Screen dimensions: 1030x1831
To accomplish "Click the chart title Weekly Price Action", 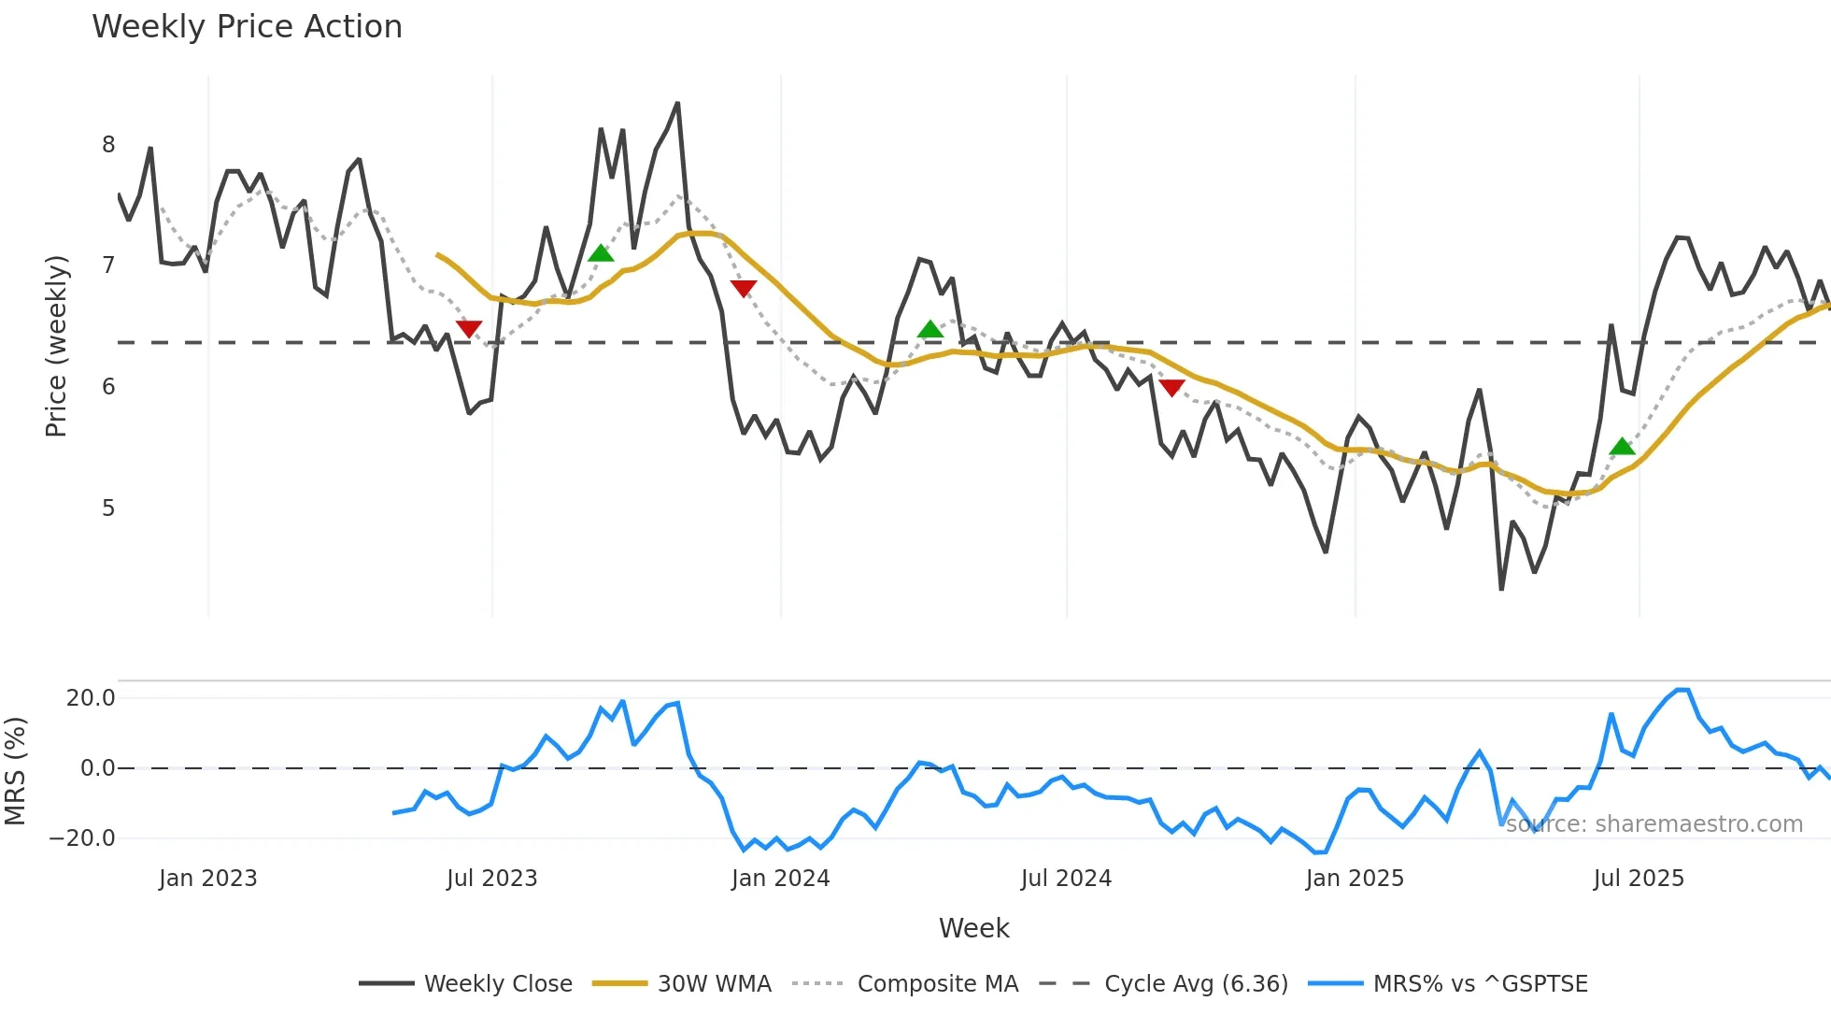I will (247, 27).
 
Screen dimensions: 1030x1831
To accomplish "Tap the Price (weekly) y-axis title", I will (56, 346).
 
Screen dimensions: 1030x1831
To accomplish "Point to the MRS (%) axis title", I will (15, 771).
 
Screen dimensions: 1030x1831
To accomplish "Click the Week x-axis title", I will (973, 928).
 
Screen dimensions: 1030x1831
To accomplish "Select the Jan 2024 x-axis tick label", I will (780, 879).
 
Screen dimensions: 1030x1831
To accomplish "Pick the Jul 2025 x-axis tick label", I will (1639, 879).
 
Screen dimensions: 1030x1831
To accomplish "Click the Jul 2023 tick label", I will (491, 879).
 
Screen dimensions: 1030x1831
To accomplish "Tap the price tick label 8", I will (108, 145).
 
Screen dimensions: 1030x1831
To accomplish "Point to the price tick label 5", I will (108, 508).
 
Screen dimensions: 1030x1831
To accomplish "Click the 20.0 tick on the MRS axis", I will (91, 698).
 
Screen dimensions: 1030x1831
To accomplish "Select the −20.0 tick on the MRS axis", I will (82, 838).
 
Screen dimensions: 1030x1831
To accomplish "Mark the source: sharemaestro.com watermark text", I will (1654, 824).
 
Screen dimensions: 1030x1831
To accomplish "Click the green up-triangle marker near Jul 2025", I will (1623, 447).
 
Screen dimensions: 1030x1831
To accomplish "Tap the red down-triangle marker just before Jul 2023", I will (469, 329).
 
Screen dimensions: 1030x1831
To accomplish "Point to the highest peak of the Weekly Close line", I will (677, 104).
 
